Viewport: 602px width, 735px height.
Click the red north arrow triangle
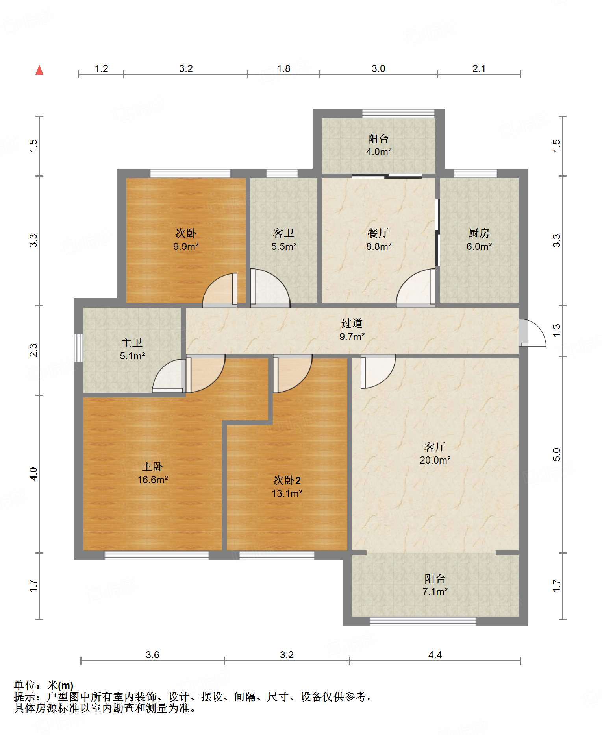click(x=39, y=70)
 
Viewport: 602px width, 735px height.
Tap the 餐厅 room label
click(x=378, y=233)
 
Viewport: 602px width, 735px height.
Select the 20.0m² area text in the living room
click(x=435, y=460)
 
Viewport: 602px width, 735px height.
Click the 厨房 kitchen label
click(x=479, y=233)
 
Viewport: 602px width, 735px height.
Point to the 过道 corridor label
click(x=352, y=323)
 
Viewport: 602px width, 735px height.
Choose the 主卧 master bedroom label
click(x=152, y=466)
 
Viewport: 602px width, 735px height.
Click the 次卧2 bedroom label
click(x=287, y=480)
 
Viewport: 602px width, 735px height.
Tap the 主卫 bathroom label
click(x=132, y=343)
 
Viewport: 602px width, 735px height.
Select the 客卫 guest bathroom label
click(x=283, y=233)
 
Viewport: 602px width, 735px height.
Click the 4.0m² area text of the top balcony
click(x=379, y=151)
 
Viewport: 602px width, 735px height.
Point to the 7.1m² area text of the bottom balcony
click(x=435, y=591)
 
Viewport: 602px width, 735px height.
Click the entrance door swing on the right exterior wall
click(x=532, y=333)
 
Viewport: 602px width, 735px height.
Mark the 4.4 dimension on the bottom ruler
click(x=435, y=655)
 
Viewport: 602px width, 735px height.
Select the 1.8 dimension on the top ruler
click(x=283, y=68)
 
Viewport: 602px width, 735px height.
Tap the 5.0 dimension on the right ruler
click(x=556, y=454)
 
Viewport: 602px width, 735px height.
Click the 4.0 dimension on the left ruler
click(x=33, y=473)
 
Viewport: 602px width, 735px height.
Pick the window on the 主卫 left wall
click(x=79, y=348)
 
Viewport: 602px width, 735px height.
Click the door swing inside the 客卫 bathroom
click(x=270, y=287)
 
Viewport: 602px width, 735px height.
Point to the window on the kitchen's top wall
click(x=475, y=173)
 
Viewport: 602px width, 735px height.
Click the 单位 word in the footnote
click(x=25, y=685)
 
